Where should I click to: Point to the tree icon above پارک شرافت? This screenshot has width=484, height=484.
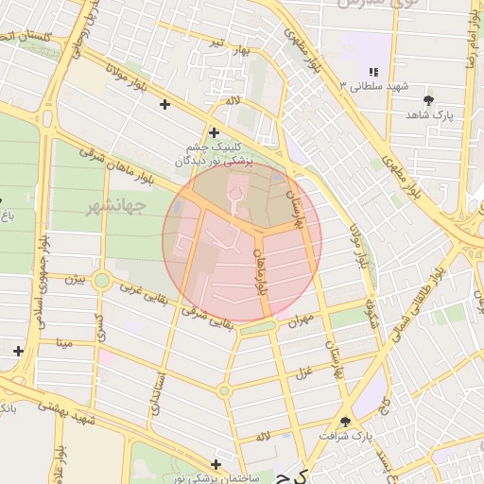pos(344,422)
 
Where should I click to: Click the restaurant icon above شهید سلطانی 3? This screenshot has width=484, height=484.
pos(374,72)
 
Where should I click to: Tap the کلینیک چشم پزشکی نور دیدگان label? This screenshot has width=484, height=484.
pos(215,154)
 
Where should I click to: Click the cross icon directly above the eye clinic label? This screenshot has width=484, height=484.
pos(214,133)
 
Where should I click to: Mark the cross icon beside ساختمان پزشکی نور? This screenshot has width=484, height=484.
pos(216,464)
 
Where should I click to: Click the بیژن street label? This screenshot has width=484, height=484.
pos(75,279)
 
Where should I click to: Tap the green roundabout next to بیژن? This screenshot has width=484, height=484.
pos(102,280)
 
